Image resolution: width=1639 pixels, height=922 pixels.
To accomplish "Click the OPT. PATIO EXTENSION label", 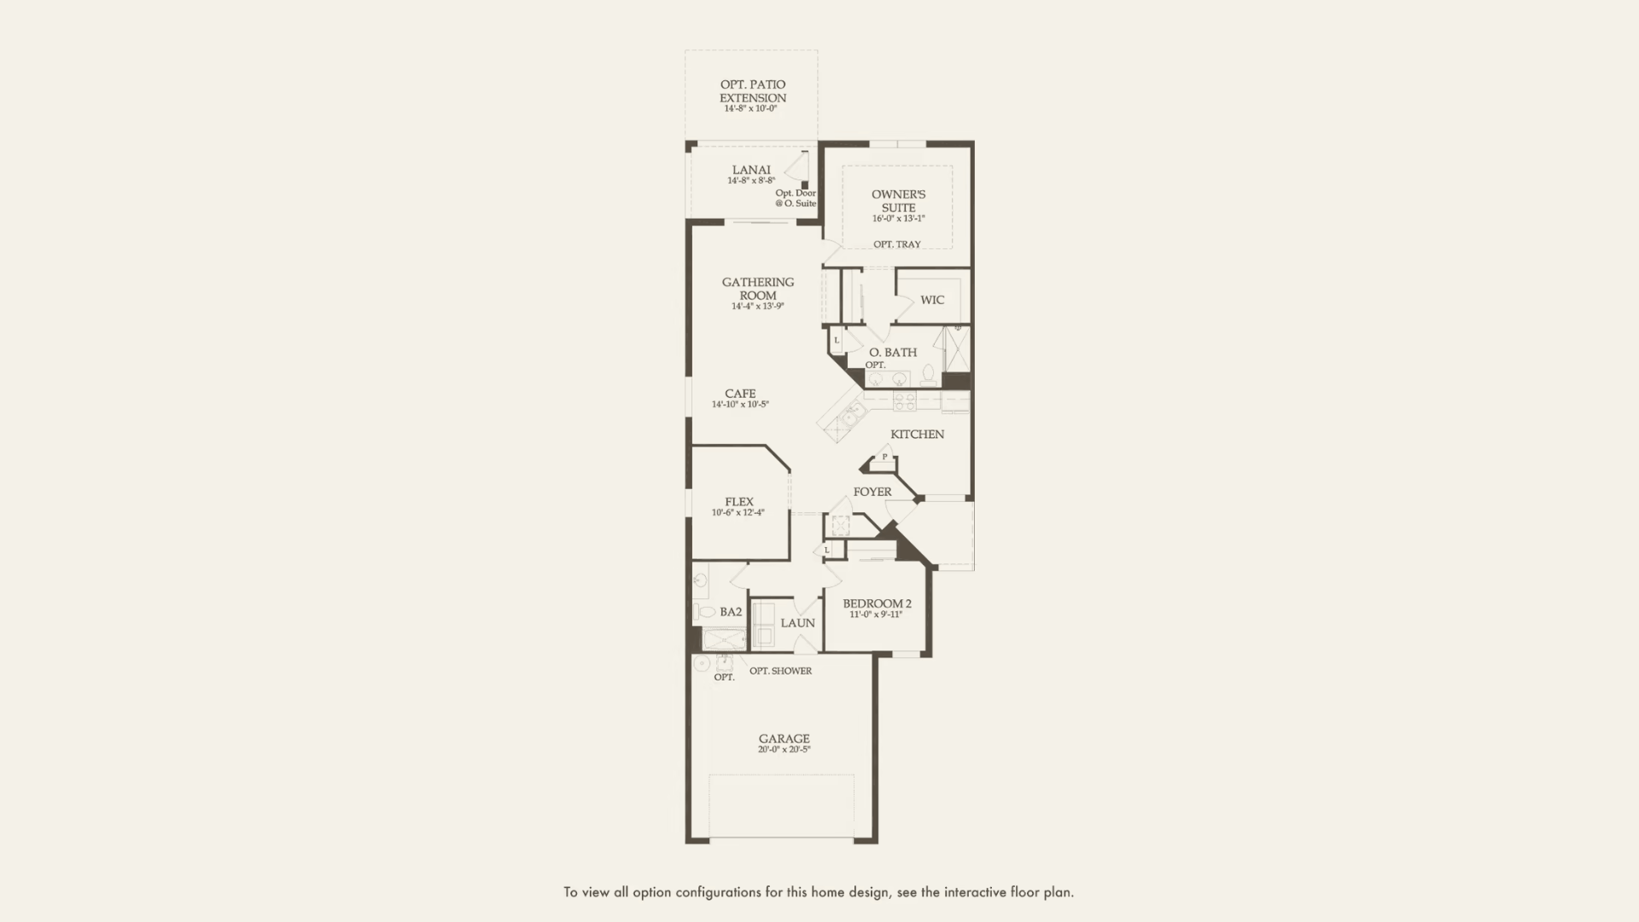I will [752, 91].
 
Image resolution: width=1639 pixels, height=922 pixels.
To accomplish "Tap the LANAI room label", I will [751, 170].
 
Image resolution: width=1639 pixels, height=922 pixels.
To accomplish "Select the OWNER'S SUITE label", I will [898, 201].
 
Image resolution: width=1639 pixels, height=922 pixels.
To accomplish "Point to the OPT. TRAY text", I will [896, 244].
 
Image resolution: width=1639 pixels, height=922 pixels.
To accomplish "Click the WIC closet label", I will [932, 300].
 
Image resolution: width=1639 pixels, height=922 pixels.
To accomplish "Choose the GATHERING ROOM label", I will [757, 289].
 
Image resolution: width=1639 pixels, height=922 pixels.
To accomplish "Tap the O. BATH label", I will [893, 352].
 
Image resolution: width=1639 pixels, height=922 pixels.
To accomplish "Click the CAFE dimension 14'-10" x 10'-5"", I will [740, 405].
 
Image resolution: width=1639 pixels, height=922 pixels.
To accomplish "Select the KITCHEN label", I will [917, 435].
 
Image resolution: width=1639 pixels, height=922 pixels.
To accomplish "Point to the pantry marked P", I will [884, 458].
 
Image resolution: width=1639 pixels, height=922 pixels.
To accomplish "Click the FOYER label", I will [872, 492].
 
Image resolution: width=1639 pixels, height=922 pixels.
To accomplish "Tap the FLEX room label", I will [739, 502].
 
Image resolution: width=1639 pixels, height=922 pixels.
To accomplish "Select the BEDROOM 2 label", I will [877, 604].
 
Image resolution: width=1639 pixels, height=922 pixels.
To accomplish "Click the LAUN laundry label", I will [797, 623].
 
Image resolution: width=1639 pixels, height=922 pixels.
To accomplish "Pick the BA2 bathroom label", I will [731, 612].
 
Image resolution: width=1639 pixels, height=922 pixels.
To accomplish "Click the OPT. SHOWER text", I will [780, 671].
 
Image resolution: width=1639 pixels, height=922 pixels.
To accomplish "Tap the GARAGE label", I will [784, 738].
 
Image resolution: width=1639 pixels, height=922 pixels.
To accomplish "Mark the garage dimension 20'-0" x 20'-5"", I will [784, 750].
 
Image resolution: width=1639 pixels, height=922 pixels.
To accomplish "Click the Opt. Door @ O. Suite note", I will [796, 198].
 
